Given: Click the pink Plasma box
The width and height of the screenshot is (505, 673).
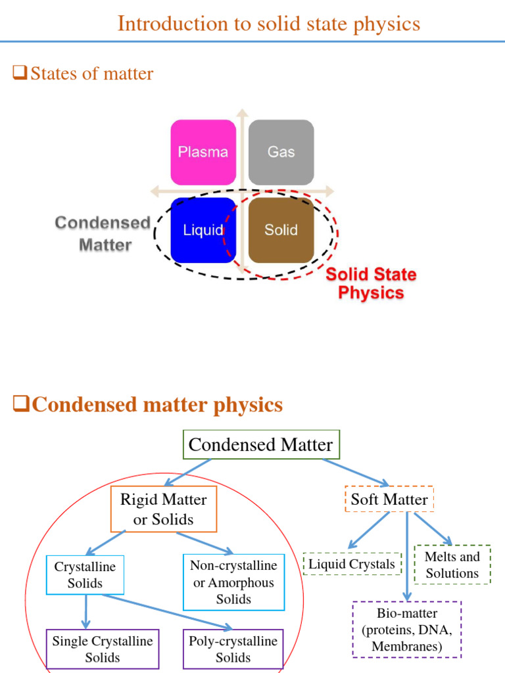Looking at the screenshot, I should [203, 152].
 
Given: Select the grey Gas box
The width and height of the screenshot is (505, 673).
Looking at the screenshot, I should [281, 152].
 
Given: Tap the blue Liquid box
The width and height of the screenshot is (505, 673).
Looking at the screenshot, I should [203, 230].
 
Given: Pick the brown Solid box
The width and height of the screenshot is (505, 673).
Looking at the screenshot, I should [281, 230].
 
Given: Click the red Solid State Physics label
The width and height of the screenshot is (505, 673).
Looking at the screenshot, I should [371, 283].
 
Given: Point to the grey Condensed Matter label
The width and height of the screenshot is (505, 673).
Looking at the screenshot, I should [103, 233].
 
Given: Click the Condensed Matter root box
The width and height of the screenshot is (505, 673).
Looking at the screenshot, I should [260, 445].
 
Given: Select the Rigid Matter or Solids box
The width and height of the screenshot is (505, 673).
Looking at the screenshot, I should [163, 509].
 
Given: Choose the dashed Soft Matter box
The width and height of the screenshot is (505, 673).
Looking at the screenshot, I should [389, 499].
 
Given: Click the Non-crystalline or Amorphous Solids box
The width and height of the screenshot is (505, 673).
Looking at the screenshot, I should [233, 582].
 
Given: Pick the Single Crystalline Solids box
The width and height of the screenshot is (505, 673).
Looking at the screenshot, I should [102, 649].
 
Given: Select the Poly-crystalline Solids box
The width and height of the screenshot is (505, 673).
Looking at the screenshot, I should [233, 649].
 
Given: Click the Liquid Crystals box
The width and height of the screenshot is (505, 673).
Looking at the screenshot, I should [352, 564].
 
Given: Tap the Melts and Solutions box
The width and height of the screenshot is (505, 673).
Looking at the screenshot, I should [452, 565].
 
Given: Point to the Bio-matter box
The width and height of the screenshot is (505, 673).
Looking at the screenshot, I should [407, 630].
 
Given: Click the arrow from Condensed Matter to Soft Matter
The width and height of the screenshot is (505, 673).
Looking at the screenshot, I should [356, 472].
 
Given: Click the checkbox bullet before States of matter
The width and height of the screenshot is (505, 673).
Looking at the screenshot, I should [19, 74].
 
